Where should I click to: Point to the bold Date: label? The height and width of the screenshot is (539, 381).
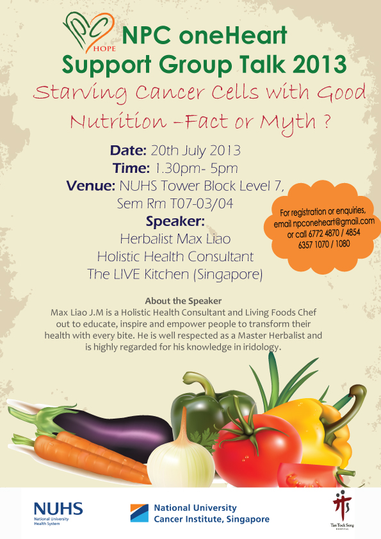(x=129, y=151)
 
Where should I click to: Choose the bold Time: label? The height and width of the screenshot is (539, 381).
(x=129, y=169)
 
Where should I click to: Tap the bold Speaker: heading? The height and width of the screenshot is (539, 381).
(x=175, y=222)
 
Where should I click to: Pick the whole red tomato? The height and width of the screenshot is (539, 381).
(x=256, y=455)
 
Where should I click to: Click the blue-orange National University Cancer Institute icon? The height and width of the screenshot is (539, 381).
(x=139, y=513)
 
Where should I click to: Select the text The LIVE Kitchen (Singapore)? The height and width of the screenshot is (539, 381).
(x=175, y=275)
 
